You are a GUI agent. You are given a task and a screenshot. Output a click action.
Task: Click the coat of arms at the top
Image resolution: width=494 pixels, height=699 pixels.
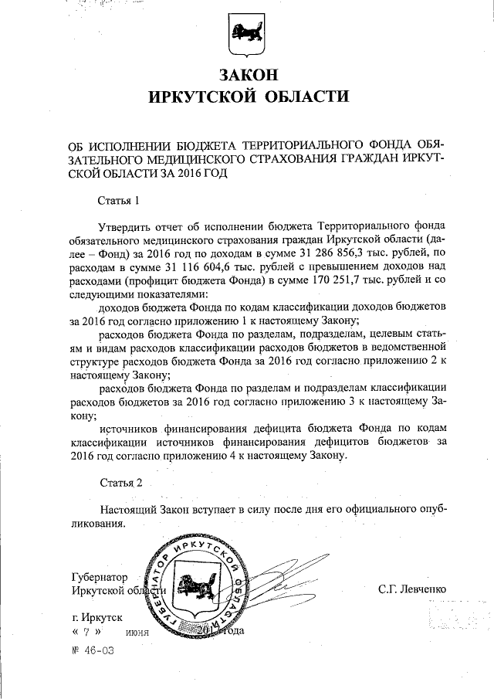click(x=247, y=35)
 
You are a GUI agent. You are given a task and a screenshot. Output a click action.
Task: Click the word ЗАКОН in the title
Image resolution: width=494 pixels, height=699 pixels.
click(x=247, y=75)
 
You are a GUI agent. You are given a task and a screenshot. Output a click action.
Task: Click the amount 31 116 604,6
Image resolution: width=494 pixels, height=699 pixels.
click(x=163, y=266)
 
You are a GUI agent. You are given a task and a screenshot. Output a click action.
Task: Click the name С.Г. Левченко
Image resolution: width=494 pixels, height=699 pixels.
click(x=412, y=590)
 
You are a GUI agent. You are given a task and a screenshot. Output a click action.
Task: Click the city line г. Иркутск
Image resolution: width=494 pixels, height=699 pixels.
click(x=96, y=618)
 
